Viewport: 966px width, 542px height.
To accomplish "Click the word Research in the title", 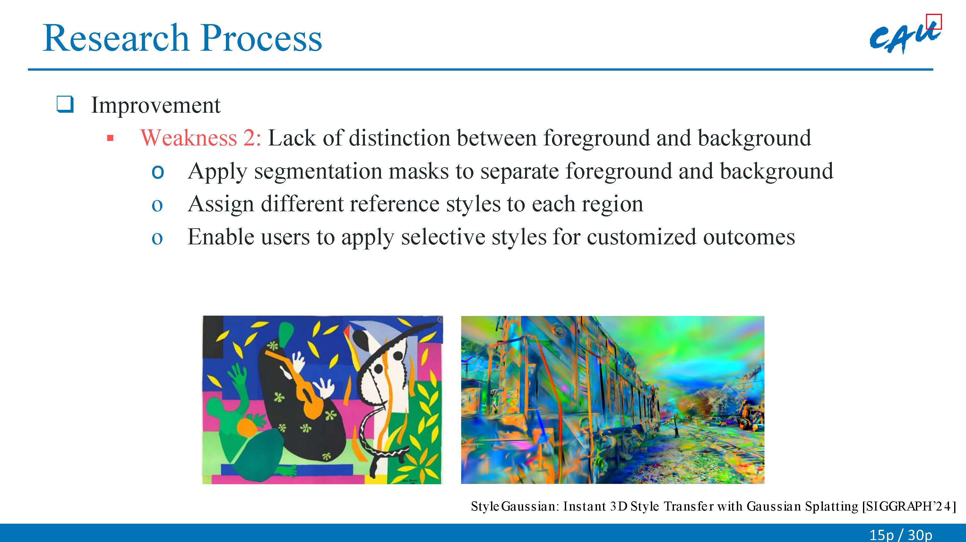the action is coord(116,38).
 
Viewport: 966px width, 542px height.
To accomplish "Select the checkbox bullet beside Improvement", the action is coord(65,105).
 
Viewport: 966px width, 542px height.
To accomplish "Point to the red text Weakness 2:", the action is coord(201,138).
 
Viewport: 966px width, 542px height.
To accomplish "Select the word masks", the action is coord(418,171).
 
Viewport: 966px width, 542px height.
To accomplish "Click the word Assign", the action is coord(221,205).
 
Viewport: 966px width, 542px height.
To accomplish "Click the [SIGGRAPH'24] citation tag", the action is coord(909,506).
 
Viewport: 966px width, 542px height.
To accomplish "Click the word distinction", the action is coord(400,138).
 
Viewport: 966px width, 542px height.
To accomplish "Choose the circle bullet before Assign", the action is coord(157,205).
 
